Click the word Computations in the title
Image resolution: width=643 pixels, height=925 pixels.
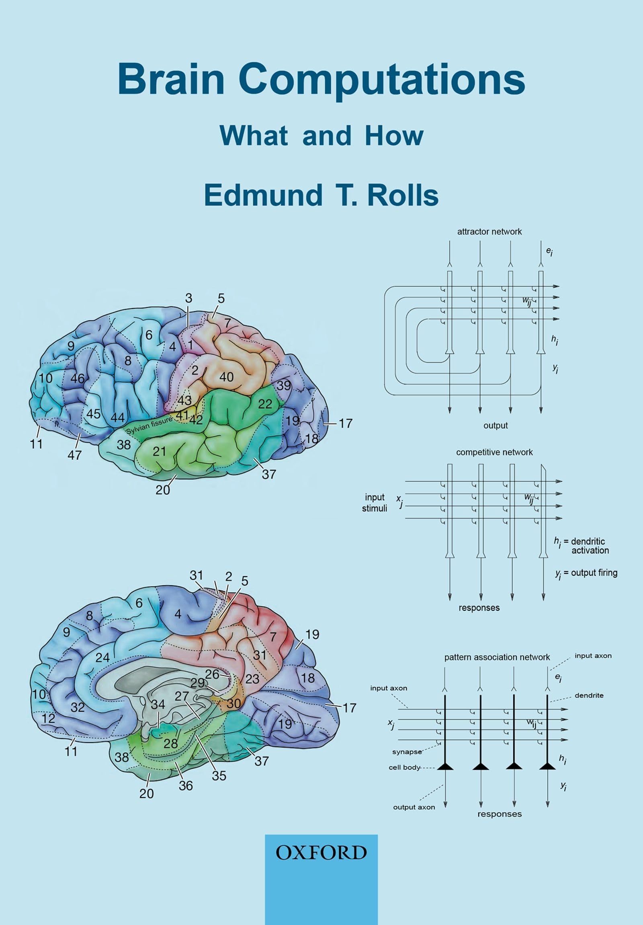(382, 80)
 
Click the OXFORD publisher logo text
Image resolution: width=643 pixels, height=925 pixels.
(321, 853)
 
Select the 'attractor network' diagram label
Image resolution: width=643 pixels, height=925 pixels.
(489, 232)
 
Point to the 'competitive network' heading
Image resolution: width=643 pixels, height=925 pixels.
(494, 452)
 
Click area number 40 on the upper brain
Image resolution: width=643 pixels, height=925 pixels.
(226, 377)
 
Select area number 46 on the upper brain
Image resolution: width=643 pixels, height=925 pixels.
(77, 378)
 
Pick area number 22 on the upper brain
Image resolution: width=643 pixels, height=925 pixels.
(265, 404)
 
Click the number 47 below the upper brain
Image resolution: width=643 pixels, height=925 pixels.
(74, 455)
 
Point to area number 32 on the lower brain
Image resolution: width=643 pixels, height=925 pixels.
(77, 707)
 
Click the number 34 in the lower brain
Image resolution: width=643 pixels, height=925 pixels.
(158, 704)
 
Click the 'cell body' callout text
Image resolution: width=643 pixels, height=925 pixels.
(404, 767)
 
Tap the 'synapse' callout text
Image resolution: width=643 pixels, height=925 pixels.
(407, 752)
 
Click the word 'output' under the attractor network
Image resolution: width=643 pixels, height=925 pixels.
(496, 426)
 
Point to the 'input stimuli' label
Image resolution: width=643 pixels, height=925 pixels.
(374, 502)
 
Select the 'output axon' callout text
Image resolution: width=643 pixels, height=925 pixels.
(414, 807)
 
